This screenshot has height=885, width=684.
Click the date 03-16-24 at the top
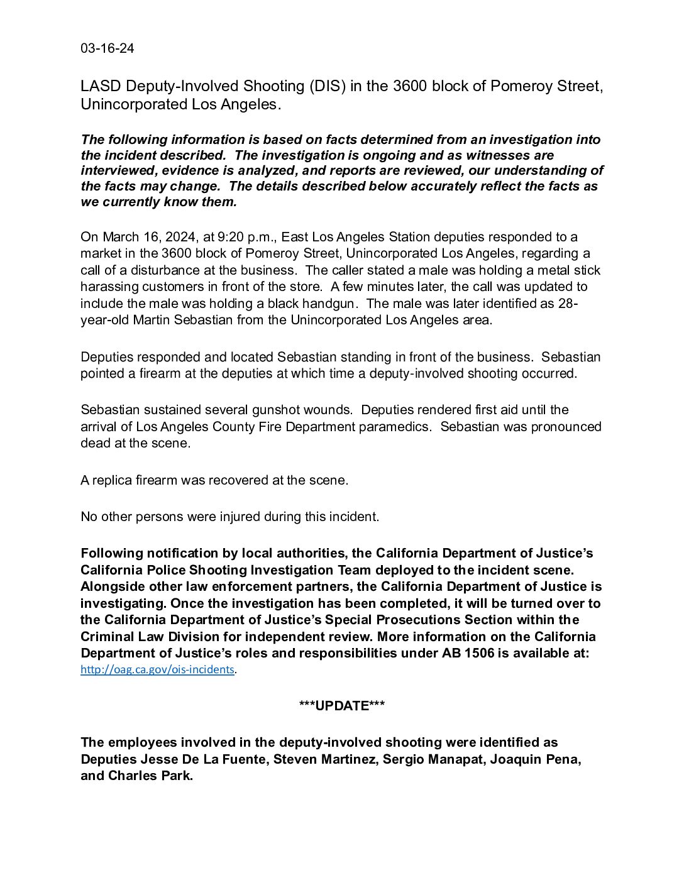pyautogui.click(x=107, y=48)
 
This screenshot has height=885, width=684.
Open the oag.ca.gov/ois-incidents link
pyautogui.click(x=157, y=669)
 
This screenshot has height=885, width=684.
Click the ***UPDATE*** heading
pyautogui.click(x=342, y=706)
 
